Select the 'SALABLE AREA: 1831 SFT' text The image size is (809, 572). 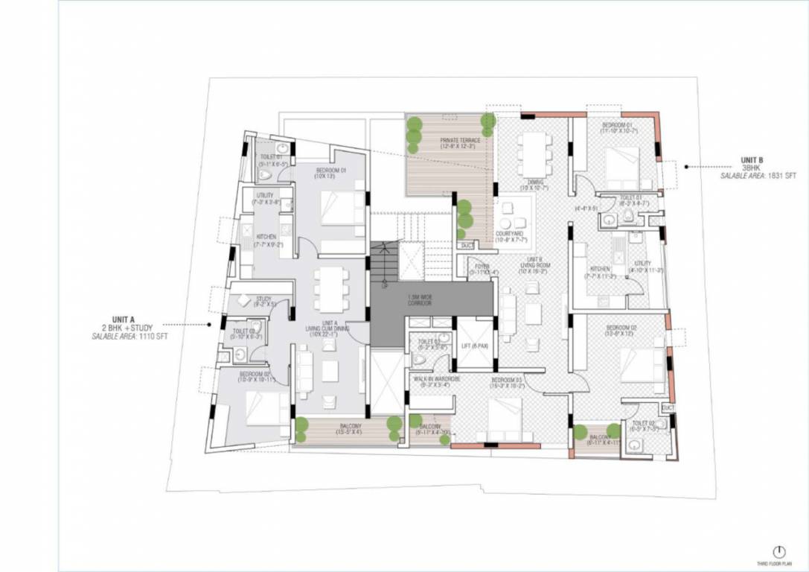click(758, 176)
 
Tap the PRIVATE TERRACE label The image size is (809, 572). click(459, 140)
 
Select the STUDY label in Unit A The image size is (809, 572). click(263, 299)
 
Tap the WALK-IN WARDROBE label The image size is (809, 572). click(432, 379)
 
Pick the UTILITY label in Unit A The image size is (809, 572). click(264, 196)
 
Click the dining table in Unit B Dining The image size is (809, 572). click(534, 153)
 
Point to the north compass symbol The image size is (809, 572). click(779, 552)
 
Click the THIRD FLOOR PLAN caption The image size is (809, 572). click(779, 565)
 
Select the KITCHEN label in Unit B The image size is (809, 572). click(600, 269)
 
